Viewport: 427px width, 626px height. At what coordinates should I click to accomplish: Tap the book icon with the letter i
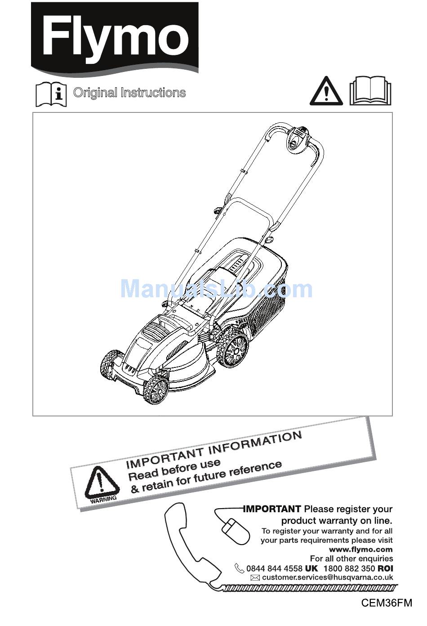click(x=51, y=94)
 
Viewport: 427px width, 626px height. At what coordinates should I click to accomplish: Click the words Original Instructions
click(x=129, y=93)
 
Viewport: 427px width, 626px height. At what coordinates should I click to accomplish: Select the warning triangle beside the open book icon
click(x=326, y=92)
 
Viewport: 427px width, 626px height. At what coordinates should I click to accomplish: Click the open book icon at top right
click(x=370, y=91)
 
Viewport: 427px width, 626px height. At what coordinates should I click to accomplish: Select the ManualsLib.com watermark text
click(x=216, y=289)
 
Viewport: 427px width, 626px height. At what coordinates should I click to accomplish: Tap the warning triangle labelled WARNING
click(x=102, y=484)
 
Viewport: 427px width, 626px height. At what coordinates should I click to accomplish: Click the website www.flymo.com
click(x=360, y=549)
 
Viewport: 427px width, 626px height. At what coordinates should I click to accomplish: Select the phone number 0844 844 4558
click(x=274, y=568)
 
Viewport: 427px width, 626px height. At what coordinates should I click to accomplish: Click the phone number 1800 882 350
click(x=349, y=568)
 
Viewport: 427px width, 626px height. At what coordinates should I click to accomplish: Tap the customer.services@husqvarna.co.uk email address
click(x=327, y=577)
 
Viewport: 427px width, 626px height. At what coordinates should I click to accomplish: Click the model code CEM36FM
click(x=387, y=603)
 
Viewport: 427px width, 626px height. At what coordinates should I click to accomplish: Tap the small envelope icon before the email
click(x=255, y=578)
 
